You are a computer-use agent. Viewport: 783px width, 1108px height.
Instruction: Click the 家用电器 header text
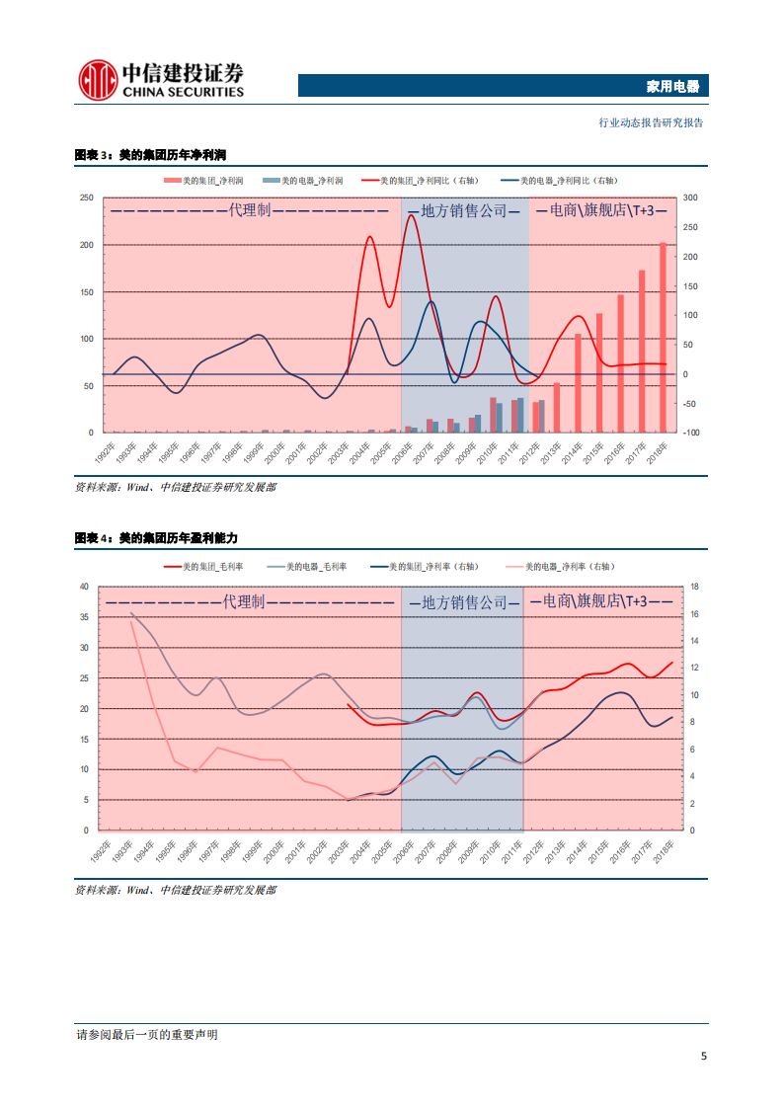[671, 87]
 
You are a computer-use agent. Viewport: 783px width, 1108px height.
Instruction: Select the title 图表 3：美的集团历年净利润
[151, 155]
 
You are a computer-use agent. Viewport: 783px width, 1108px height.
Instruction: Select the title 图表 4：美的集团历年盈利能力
[156, 537]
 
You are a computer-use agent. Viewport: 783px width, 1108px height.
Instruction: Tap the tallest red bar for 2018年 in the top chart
[663, 336]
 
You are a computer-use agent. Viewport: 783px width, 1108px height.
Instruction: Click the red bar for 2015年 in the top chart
[598, 372]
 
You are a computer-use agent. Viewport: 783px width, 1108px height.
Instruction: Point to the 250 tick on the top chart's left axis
[86, 198]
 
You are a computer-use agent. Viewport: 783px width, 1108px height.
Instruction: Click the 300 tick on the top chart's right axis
[690, 198]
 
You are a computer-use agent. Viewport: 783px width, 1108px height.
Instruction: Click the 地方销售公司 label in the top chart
[463, 210]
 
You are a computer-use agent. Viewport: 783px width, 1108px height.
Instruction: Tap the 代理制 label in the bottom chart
[244, 601]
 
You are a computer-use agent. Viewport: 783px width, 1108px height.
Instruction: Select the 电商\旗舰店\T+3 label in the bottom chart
[601, 601]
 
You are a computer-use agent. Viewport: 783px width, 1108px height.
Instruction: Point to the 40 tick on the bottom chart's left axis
[83, 587]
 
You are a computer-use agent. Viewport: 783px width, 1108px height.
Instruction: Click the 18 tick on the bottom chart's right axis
[694, 587]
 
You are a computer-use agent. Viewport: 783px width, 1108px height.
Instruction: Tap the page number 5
[703, 1056]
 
